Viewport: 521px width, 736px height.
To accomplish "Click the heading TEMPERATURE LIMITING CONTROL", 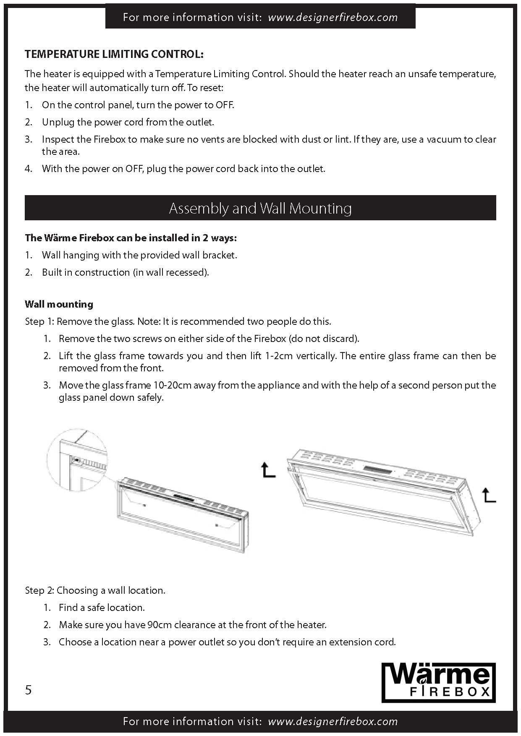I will pyautogui.click(x=114, y=54).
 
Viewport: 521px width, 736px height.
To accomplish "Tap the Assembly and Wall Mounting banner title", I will pyautogui.click(x=260, y=208).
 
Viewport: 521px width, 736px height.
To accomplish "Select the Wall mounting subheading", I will pyautogui.click(x=59, y=304).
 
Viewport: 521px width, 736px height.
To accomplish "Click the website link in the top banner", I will pyautogui.click(x=332, y=18).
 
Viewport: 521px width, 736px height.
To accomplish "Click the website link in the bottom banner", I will pyautogui.click(x=332, y=721).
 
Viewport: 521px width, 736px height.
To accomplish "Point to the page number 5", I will pyautogui.click(x=29, y=690).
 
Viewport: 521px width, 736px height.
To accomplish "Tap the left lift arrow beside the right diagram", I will pyautogui.click(x=268, y=470).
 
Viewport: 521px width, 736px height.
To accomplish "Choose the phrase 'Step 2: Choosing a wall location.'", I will pyautogui.click(x=95, y=590).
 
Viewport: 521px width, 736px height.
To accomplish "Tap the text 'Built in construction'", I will pyautogui.click(x=86, y=272).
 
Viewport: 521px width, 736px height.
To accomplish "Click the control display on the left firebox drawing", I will pyautogui.click(x=182, y=498).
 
